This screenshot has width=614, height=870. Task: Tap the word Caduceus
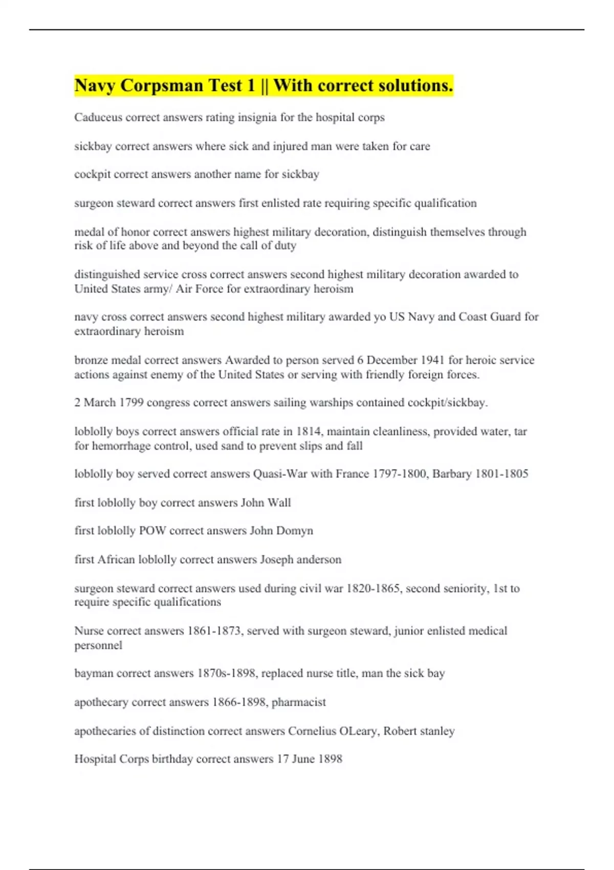(x=98, y=118)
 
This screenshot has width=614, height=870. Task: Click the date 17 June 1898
(x=310, y=759)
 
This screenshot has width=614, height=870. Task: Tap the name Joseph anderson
(x=300, y=559)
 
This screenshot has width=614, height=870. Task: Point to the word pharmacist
(x=298, y=702)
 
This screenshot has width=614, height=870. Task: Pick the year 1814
(x=308, y=431)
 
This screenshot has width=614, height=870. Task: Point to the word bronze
(x=91, y=360)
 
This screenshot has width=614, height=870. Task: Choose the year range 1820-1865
(x=373, y=589)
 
